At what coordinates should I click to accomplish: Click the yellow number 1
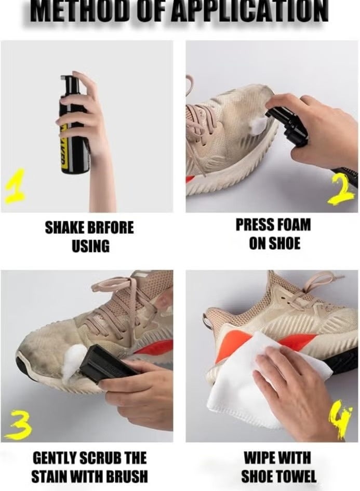tap(15, 187)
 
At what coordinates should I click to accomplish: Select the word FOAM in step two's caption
tap(293, 225)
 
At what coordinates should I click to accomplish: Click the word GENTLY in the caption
tap(54, 458)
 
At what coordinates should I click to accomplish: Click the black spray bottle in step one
tap(73, 125)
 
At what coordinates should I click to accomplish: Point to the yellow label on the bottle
tap(64, 148)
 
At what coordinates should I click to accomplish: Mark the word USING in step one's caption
tap(91, 246)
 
